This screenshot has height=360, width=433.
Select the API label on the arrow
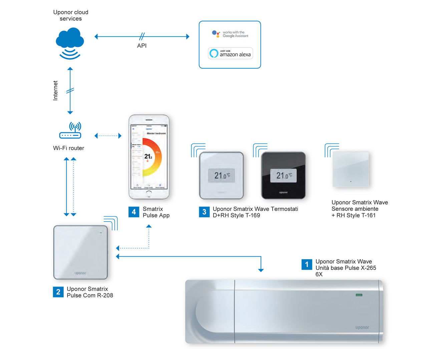142,46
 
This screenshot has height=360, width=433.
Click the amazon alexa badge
231,53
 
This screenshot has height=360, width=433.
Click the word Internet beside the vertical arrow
55,90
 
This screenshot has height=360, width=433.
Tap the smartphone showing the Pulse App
149,157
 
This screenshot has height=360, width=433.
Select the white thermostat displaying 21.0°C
222,175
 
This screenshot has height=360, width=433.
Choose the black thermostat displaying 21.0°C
283,175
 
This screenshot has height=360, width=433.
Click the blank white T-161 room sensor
351,169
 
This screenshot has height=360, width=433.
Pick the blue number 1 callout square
307,264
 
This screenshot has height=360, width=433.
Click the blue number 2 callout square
58,292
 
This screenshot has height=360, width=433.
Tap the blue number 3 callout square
204,212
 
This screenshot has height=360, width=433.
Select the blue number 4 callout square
134,212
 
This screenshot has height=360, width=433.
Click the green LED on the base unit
359,295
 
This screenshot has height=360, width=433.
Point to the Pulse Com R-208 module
81,252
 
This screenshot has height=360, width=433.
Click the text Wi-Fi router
68,148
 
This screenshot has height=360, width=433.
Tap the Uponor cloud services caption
71,15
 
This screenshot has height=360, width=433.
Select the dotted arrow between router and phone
108,136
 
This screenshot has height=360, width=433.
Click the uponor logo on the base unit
362,327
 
